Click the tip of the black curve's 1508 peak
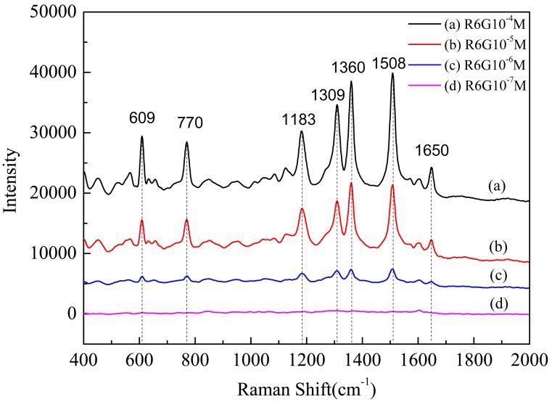392,73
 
